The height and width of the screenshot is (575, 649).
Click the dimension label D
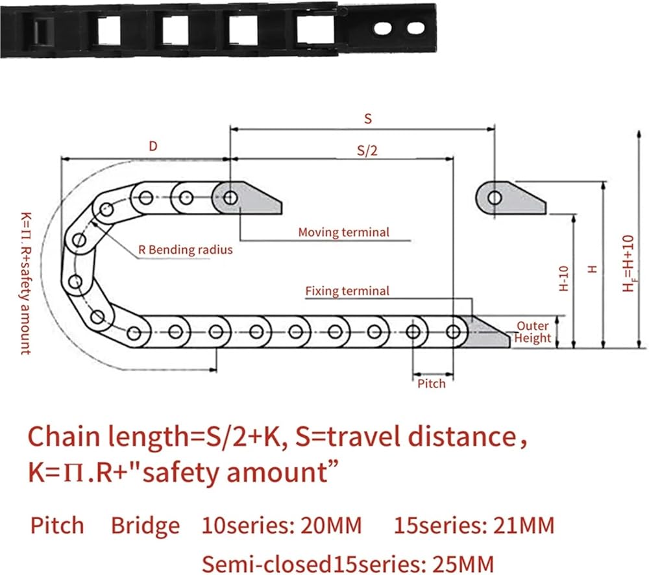[x=153, y=147]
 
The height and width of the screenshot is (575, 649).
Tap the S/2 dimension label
[x=367, y=150]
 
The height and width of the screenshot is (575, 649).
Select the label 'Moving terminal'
[x=343, y=232]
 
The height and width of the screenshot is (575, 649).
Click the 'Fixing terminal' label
[x=347, y=291]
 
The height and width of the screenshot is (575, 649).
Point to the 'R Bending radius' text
[x=186, y=249]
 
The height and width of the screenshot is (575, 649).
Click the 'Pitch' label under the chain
[x=431, y=384]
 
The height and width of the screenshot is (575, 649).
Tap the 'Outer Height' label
[x=533, y=332]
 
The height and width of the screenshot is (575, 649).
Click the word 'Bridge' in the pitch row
[x=145, y=525]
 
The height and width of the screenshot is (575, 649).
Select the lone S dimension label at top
[x=368, y=119]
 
